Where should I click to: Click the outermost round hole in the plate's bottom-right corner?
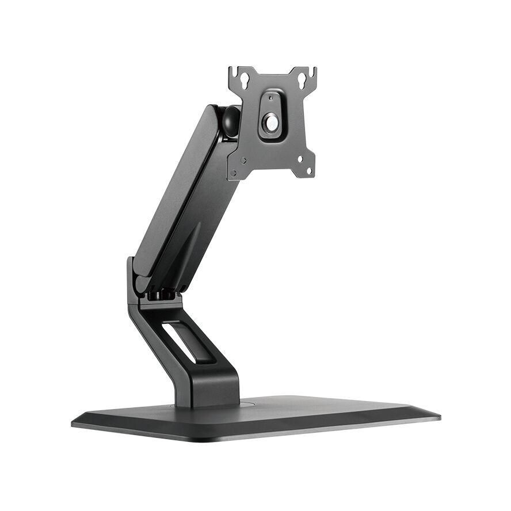pyautogui.click(x=309, y=170)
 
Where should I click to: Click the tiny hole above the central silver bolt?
pyautogui.click(x=270, y=98)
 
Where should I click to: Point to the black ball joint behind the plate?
pyautogui.click(x=230, y=120)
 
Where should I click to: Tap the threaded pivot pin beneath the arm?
pyautogui.click(x=162, y=295)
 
